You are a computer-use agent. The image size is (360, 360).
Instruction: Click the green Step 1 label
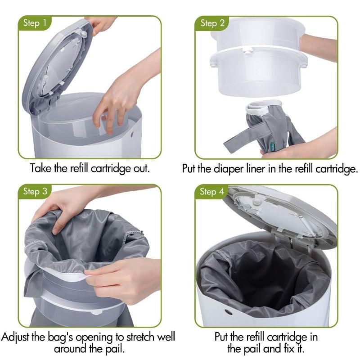point(35,23)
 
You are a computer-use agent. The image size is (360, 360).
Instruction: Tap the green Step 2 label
point(212,23)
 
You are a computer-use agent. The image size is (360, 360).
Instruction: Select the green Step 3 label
point(35,191)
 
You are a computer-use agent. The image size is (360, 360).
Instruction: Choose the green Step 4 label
point(212,192)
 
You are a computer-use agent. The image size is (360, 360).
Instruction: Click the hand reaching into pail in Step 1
point(118,99)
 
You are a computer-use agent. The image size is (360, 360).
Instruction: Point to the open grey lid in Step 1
point(54,63)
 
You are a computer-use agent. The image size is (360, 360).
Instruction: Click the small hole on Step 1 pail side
point(134,134)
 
